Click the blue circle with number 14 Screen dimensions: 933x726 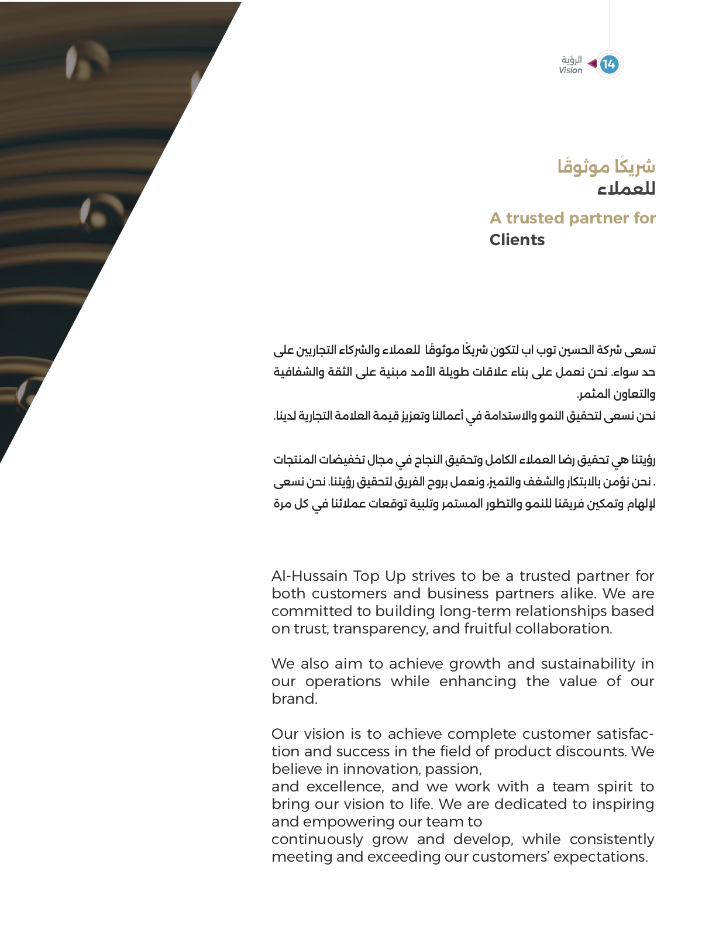tap(609, 64)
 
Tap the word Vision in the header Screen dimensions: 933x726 tap(570, 70)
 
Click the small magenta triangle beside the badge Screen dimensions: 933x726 tap(593, 63)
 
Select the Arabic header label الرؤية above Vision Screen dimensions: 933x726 tap(572, 60)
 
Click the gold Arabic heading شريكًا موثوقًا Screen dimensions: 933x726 tap(606, 167)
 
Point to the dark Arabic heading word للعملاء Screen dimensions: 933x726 tap(626, 189)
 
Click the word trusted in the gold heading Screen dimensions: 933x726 tap(535, 218)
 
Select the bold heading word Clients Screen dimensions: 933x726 tap(517, 240)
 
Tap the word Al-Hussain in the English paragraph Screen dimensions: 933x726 tap(309, 576)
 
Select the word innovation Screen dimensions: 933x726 tap(381, 769)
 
